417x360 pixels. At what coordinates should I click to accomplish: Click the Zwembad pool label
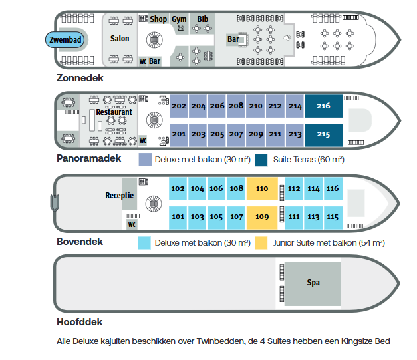pyautogui.click(x=65, y=40)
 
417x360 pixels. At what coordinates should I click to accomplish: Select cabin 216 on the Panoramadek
pyautogui.click(x=324, y=106)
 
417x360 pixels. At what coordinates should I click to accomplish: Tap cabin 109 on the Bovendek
pyautogui.click(x=262, y=217)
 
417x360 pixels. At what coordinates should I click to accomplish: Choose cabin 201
pyautogui.click(x=179, y=134)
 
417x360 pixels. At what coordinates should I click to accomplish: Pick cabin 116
pyautogui.click(x=333, y=188)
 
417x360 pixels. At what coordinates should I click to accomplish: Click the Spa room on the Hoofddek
pyautogui.click(x=313, y=283)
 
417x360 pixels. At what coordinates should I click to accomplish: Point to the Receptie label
pyautogui.click(x=120, y=196)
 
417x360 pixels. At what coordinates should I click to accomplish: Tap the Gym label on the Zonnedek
pyautogui.click(x=179, y=19)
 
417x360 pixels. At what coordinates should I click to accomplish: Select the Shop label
pyautogui.click(x=158, y=19)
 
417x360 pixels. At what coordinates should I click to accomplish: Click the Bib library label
pyautogui.click(x=202, y=19)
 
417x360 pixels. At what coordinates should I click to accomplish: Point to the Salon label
pyautogui.click(x=120, y=39)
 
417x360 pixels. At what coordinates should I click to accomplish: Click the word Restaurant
pyautogui.click(x=114, y=112)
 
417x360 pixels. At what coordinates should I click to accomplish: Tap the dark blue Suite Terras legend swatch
pyautogui.click(x=261, y=160)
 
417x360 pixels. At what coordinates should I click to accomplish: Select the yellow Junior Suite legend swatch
pyautogui.click(x=261, y=243)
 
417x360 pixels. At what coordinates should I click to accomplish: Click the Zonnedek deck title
pyautogui.click(x=80, y=78)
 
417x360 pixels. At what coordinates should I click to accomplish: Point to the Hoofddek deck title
pyautogui.click(x=80, y=322)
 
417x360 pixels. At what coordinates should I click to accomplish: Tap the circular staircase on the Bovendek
pyautogui.click(x=154, y=204)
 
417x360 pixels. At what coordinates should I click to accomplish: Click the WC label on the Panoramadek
pyautogui.click(x=143, y=141)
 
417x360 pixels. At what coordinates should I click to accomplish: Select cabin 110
pyautogui.click(x=262, y=188)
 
